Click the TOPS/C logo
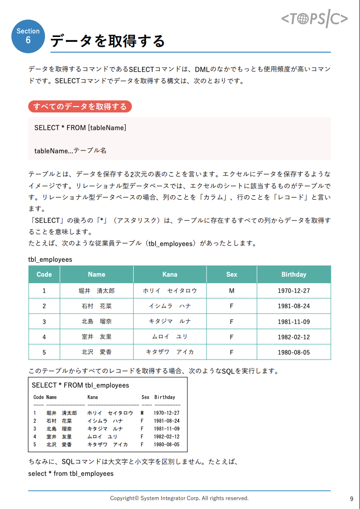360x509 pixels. point(315,19)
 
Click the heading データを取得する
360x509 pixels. point(108,41)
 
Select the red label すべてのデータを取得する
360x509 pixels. point(80,106)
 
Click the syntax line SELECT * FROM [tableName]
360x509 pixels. point(80,128)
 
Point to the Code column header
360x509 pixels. point(44,274)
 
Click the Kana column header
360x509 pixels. point(170,274)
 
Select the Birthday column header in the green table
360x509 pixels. point(293,274)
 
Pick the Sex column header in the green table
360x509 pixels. point(231,274)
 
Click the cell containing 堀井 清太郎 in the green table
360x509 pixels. point(97,291)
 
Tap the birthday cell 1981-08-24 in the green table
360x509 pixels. point(293,306)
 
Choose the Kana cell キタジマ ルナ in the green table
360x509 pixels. point(170,321)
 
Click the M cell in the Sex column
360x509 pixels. point(231,291)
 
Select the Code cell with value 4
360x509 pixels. point(44,337)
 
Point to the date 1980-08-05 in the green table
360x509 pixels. point(293,352)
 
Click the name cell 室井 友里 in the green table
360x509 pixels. point(97,337)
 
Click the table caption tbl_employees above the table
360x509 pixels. point(50,259)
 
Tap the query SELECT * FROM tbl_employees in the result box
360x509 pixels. point(80,385)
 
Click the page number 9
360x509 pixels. point(351,499)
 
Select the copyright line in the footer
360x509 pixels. point(180,498)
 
